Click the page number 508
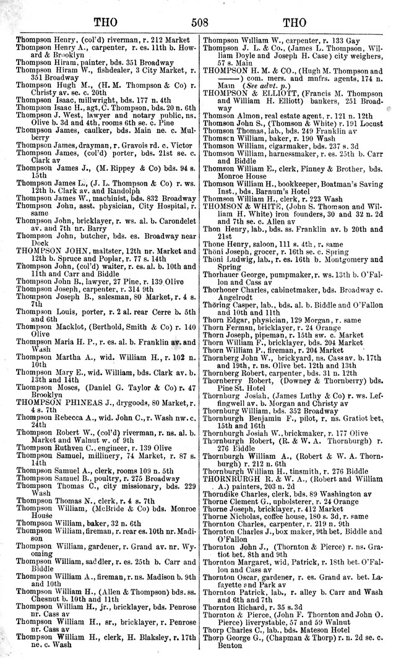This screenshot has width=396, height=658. (x=199, y=23)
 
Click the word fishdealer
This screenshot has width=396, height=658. (x=93, y=70)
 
